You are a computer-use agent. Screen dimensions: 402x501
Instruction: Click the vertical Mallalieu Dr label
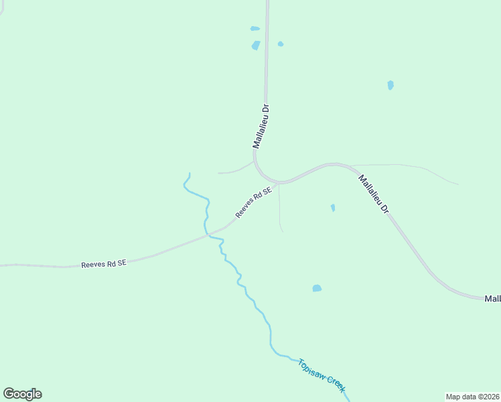[261, 126]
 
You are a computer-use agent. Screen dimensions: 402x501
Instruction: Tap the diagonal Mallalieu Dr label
[374, 194]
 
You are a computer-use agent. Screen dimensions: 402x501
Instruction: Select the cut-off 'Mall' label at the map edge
[492, 298]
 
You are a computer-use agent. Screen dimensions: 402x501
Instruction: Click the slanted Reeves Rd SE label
[254, 202]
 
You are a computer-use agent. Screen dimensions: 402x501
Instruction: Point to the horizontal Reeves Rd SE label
[104, 264]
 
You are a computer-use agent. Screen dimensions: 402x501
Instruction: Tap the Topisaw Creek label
[322, 375]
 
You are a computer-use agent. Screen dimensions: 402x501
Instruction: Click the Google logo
[22, 394]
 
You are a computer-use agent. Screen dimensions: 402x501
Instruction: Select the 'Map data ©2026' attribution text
[472, 396]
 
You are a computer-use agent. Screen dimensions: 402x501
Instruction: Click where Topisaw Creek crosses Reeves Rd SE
[208, 235]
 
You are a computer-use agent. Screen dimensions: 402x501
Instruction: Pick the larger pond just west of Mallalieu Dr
[255, 46]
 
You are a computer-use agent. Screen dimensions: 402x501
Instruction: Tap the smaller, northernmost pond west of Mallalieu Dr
[255, 29]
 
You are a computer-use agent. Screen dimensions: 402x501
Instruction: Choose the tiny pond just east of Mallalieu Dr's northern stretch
[281, 44]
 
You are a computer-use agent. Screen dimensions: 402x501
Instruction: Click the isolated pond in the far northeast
[390, 85]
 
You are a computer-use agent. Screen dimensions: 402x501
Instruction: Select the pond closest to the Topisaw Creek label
[317, 288]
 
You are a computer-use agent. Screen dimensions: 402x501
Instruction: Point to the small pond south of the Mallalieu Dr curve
[333, 208]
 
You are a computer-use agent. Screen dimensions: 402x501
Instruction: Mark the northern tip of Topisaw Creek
[190, 174]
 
